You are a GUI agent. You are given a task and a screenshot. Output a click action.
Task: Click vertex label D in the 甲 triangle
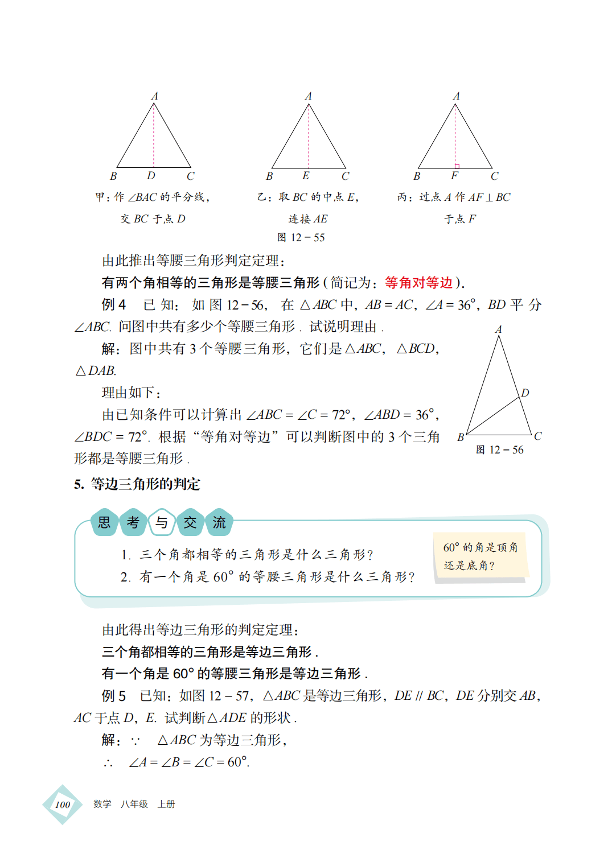pos(151,176)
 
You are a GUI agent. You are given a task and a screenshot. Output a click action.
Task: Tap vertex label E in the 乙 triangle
pos(306,176)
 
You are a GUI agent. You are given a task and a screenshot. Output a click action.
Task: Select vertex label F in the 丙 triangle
pos(454,176)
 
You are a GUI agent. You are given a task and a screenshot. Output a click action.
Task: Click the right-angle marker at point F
pos(457,166)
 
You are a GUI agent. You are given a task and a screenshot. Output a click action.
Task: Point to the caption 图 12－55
pos(301,238)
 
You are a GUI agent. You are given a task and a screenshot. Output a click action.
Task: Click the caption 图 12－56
pos(499,450)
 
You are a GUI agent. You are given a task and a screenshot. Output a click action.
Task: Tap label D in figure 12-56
pos(525,393)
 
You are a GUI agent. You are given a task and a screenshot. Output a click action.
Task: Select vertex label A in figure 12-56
pos(498,329)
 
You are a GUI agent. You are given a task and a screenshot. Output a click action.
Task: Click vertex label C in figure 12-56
pos(537,436)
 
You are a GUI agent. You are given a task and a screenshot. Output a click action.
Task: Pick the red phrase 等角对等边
pos(418,283)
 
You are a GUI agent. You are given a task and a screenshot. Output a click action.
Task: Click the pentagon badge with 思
pos(104,522)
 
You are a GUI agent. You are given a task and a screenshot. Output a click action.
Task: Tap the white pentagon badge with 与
pos(162,522)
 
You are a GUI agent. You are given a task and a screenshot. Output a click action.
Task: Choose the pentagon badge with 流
pos(219,522)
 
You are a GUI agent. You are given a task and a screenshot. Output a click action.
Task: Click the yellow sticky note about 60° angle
pos(480,556)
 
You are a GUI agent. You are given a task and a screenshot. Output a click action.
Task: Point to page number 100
pos(63,805)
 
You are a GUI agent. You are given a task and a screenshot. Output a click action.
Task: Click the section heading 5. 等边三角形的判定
pos(137,484)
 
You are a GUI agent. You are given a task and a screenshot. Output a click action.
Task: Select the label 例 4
pos(114,305)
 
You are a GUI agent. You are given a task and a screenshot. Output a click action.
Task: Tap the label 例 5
pos(114,696)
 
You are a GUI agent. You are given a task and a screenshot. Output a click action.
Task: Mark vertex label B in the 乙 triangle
pos(269,176)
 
